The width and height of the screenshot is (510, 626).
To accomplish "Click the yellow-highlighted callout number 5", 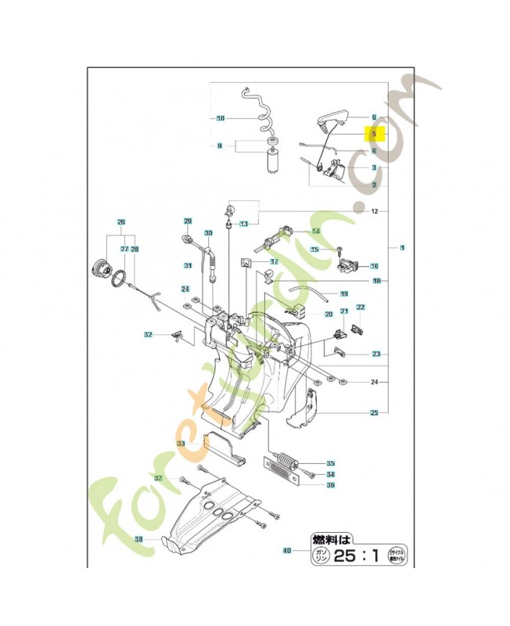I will (374, 133).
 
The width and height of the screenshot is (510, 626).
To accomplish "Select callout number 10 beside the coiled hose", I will (221, 118).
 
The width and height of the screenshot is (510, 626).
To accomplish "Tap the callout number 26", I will (121, 221).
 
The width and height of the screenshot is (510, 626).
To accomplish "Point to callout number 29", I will (188, 221).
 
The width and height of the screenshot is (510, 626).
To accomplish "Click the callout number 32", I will (148, 335).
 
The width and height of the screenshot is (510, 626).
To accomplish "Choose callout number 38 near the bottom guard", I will (138, 539).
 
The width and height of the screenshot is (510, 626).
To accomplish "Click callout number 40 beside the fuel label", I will (287, 551).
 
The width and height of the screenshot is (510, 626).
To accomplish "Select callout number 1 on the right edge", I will (402, 248).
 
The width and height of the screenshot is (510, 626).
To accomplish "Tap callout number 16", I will (375, 266).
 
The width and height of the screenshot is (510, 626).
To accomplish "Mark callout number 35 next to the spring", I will (331, 462).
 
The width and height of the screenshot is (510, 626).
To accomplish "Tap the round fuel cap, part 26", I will (100, 266).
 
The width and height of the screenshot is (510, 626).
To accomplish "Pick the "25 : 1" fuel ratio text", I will (357, 557).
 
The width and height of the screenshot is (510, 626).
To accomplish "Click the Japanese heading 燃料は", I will (332, 538).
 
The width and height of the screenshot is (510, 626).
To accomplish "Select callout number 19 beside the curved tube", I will (343, 293).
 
